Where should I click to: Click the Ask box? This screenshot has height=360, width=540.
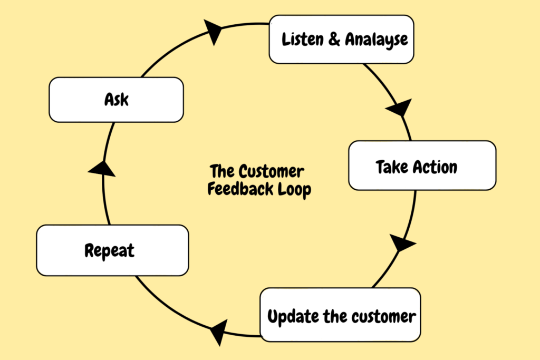coord(117,100)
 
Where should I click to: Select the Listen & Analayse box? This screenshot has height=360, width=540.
coord(341,39)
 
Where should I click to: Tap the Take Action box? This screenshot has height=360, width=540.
coord(422,166)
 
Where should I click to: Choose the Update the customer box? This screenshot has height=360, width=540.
coord(340,315)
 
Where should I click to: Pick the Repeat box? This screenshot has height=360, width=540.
coord(112,250)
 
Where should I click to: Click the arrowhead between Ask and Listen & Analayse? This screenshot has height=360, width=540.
coord(214,32)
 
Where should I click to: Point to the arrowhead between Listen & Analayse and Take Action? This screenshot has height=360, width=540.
coord(400,108)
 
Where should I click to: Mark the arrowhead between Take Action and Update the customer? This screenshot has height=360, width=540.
coord(401,243)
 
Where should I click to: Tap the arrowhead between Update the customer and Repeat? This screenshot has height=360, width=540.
coord(219,332)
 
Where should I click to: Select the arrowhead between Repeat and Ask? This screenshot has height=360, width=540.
coord(102,169)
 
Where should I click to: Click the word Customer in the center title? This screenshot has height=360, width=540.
coord(271,171)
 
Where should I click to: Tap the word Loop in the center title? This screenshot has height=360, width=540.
coord(294,190)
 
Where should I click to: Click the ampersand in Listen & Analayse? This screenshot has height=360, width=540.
coord(334,38)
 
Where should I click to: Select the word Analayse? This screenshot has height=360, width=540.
coord(377,40)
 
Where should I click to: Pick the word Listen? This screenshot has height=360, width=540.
coord(303,39)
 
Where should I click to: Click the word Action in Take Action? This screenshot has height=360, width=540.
coord(435,167)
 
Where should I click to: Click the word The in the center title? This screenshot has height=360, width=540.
coord(222,171)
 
